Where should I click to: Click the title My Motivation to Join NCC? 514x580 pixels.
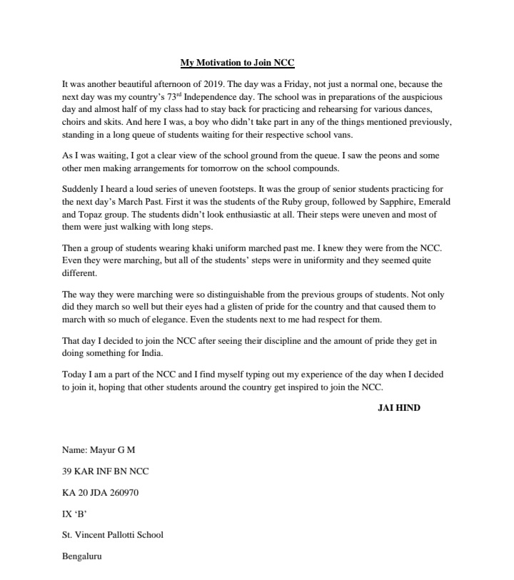coord(237,63)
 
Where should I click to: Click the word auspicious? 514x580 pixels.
coord(417,96)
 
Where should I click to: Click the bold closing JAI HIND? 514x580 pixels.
coord(399,408)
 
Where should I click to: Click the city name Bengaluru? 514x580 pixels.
coord(83,555)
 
